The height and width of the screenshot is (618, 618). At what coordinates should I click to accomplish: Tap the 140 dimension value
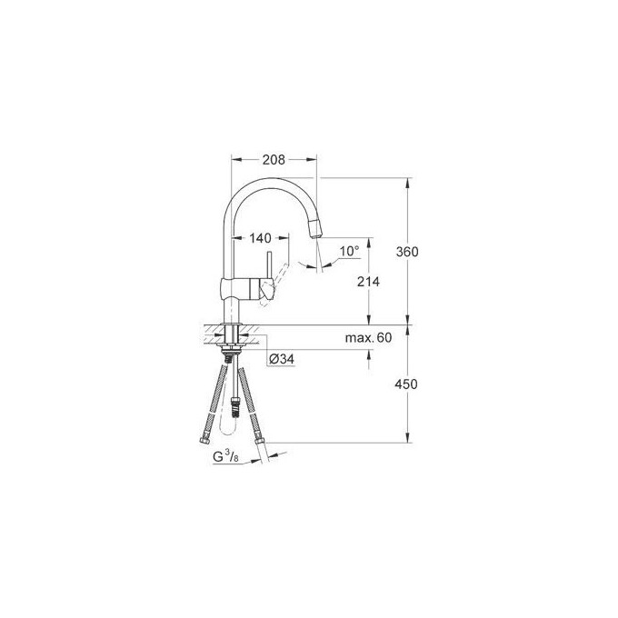[x=259, y=238]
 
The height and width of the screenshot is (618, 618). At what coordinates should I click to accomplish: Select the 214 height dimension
[x=367, y=283]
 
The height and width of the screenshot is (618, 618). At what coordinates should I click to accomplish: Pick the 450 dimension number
[x=407, y=384]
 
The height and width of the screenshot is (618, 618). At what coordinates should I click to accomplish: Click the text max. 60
[x=367, y=338]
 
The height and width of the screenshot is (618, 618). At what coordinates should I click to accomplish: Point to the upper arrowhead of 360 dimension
[x=407, y=182]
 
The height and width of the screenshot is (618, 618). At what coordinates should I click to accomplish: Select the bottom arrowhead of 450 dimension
[x=407, y=443]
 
